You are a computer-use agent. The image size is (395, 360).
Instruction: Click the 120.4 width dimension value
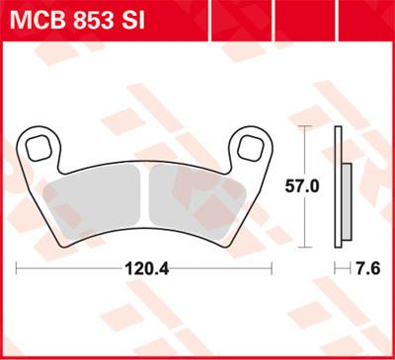pyautogui.click(x=145, y=266)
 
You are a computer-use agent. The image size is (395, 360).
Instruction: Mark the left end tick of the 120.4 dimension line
pyautogui.click(x=18, y=266)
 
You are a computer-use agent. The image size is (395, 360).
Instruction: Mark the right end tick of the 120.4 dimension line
pyautogui.click(x=273, y=266)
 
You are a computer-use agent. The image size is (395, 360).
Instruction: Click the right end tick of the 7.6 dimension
pyautogui.click(x=354, y=266)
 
